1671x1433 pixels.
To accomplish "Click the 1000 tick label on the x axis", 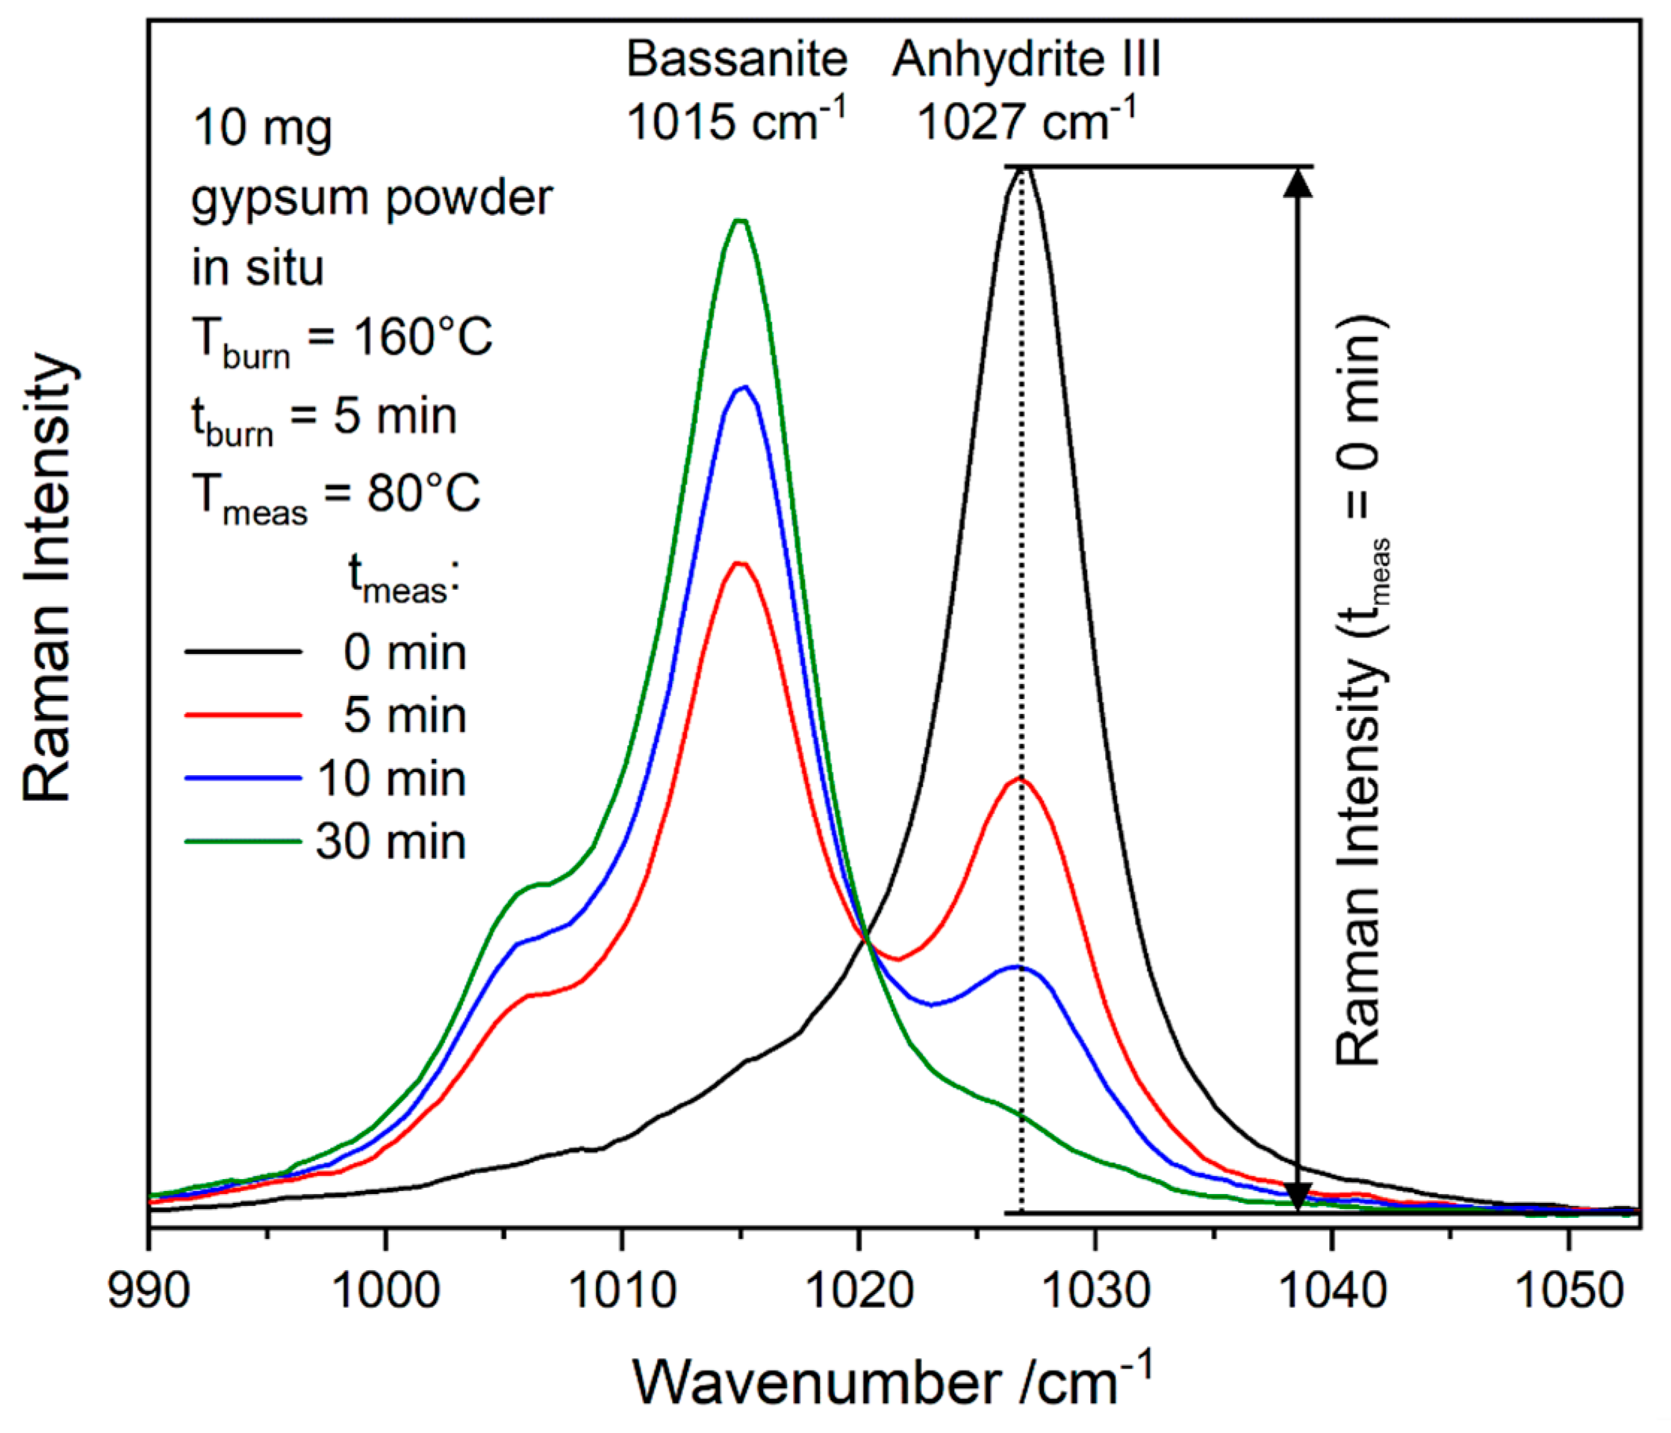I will point(385,1290).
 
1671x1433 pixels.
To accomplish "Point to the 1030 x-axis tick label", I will point(1095,1290).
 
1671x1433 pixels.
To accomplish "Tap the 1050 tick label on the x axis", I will point(1569,1290).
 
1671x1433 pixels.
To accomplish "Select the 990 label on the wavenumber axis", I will point(149,1290).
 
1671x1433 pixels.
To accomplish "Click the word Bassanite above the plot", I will point(737,60).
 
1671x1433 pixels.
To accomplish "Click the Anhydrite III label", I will point(1026,60).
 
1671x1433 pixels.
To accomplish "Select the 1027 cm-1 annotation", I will point(1026,122).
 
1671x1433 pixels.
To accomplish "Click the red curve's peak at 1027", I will point(1020,779).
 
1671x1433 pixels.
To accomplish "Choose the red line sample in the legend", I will point(243,715).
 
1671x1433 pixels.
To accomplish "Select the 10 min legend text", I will point(390,779).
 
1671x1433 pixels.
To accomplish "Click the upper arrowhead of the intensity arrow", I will point(1298,182).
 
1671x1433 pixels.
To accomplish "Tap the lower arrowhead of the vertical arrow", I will point(1298,1197).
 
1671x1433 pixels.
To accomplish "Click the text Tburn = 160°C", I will point(342,339).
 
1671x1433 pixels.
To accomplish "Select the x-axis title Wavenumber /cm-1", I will point(891,1382).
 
